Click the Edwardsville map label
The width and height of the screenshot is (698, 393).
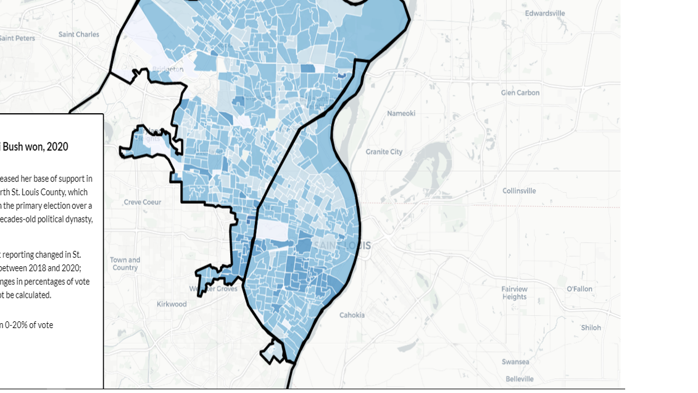tap(545, 13)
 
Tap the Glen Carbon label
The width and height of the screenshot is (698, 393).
tap(520, 93)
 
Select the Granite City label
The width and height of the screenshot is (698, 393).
tap(384, 151)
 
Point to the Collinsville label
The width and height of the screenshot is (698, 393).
tap(519, 191)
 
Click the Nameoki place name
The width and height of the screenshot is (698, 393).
tap(401, 114)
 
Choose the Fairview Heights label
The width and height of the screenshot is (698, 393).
tap(514, 293)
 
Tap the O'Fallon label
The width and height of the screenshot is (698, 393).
tap(579, 289)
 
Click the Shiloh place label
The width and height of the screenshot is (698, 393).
tap(591, 327)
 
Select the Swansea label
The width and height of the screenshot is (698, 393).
tap(515, 362)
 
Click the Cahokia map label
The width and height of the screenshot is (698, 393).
tap(352, 315)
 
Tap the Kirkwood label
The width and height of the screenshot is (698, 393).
tap(172, 304)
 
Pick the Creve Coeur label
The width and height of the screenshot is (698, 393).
tap(143, 202)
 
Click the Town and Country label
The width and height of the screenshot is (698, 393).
tap(125, 264)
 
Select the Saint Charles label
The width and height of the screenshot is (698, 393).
tap(79, 35)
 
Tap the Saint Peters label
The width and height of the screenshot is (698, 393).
tap(17, 38)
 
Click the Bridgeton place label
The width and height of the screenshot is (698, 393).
tap(167, 69)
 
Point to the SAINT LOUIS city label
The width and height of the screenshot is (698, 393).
tap(343, 246)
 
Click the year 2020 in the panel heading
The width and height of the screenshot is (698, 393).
tap(57, 147)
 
